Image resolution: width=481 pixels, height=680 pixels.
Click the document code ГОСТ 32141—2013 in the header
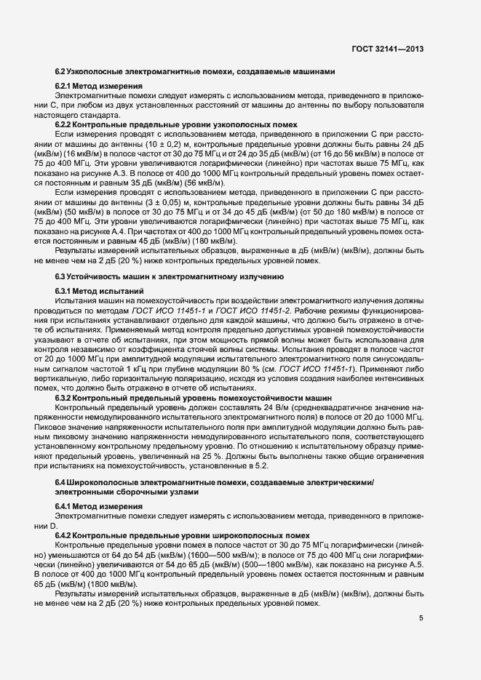coord(386,49)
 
